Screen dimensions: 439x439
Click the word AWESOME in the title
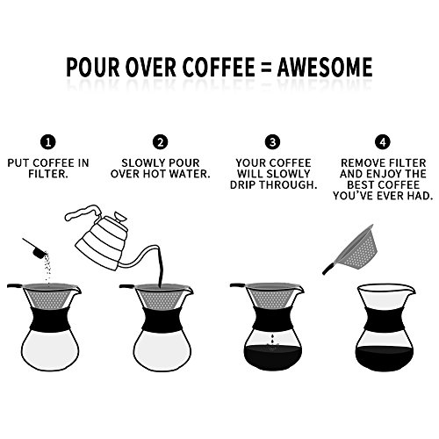click(325, 67)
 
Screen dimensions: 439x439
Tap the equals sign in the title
click(265, 68)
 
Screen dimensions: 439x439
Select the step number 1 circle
click(48, 142)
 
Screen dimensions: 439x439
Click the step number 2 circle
click(161, 142)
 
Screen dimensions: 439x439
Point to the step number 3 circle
click(272, 142)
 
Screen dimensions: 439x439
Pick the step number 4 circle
click(383, 142)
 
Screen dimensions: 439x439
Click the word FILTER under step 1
click(47, 174)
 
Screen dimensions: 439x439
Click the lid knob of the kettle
click(120, 217)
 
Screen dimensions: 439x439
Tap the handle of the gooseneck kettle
click(83, 212)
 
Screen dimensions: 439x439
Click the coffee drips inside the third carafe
click(272, 342)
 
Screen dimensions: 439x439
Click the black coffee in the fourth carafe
click(384, 358)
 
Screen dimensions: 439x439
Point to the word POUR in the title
click(93, 67)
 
